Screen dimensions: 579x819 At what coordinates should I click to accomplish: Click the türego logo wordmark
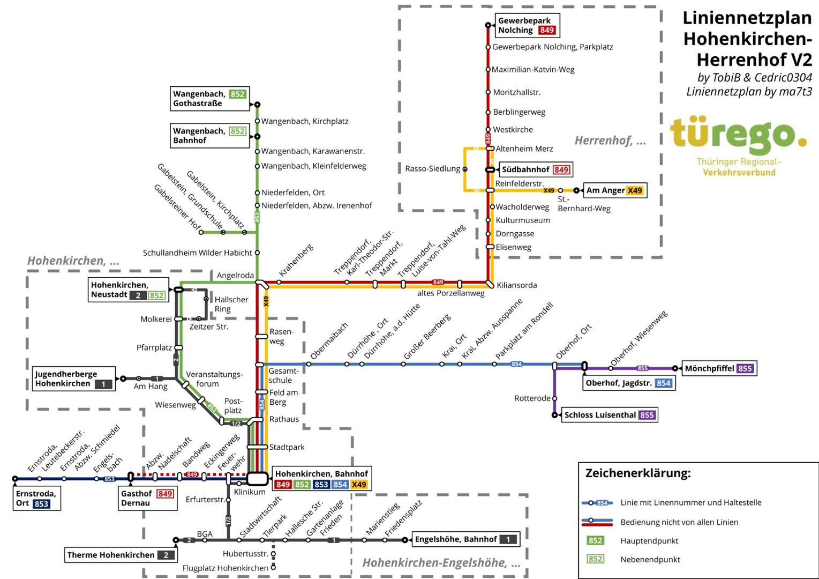tap(738, 135)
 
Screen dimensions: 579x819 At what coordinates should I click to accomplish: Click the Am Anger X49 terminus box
tap(614, 190)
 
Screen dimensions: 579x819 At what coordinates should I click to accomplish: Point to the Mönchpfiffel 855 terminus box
tap(719, 368)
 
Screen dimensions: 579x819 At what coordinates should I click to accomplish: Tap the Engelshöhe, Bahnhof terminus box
tap(465, 539)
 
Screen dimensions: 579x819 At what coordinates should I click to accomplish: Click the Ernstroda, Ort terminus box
tap(36, 499)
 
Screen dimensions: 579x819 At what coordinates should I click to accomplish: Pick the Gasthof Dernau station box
tap(147, 498)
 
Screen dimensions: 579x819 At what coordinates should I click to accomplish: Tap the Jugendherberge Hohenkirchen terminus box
tap(73, 378)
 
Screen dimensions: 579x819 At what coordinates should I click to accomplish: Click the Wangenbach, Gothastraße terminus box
tap(209, 99)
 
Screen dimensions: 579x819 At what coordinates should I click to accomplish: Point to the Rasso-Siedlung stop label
tap(432, 169)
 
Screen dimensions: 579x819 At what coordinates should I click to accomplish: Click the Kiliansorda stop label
tap(516, 285)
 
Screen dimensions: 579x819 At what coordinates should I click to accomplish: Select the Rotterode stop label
tap(532, 398)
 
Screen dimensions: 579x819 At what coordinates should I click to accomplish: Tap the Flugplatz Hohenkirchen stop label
tap(225, 568)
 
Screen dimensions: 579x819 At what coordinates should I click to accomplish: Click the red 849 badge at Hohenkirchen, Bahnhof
tap(283, 485)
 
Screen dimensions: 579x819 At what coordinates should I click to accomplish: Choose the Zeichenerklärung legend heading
tap(637, 473)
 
